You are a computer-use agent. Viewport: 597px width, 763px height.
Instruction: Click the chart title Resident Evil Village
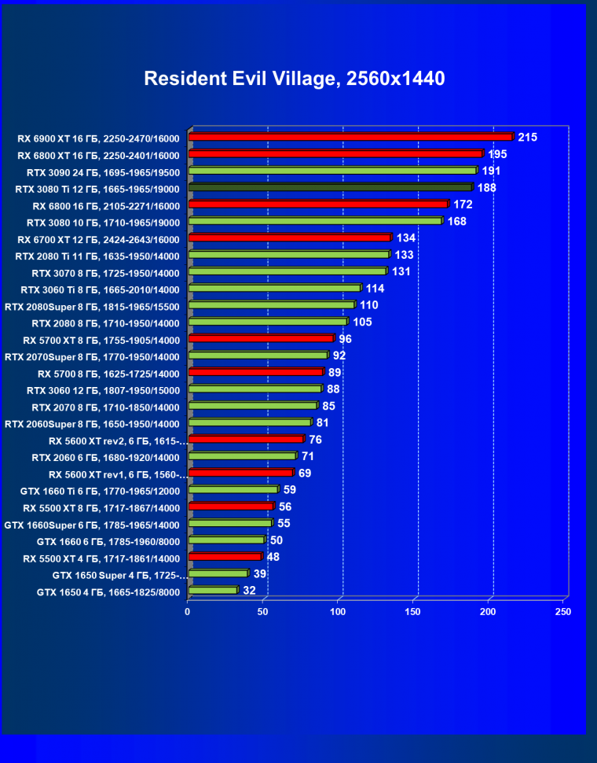tap(295, 79)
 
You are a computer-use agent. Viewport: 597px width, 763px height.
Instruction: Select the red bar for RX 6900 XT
tap(350, 137)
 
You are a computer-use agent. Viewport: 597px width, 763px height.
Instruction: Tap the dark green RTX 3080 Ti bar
tap(330, 187)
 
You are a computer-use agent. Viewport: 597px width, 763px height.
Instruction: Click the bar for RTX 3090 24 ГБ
tap(332, 170)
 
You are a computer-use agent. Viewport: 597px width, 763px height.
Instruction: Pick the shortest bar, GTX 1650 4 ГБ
tap(213, 590)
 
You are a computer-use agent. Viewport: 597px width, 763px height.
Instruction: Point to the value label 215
tap(527, 137)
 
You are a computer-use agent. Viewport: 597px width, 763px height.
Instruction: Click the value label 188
tap(486, 187)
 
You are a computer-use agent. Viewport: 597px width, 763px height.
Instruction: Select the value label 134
tap(405, 238)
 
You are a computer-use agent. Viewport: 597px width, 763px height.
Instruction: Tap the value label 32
tap(250, 590)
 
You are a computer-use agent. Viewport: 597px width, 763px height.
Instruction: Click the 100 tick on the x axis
tap(339, 611)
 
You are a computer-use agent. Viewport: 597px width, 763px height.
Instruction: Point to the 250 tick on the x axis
tap(563, 611)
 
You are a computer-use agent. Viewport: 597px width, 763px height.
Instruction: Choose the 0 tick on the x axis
tap(188, 611)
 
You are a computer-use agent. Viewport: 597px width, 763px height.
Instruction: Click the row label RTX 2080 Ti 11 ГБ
tap(97, 256)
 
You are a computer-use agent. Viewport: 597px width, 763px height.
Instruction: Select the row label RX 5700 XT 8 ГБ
tap(101, 341)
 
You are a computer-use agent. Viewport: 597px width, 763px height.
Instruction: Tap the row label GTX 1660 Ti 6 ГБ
tap(100, 492)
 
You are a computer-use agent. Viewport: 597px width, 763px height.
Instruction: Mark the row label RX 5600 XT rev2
tap(118, 441)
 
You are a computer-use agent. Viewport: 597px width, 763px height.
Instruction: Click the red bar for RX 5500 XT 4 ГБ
tap(225, 557)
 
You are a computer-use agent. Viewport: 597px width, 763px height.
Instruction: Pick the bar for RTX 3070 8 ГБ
tap(288, 271)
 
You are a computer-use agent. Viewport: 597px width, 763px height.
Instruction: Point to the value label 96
tap(345, 339)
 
